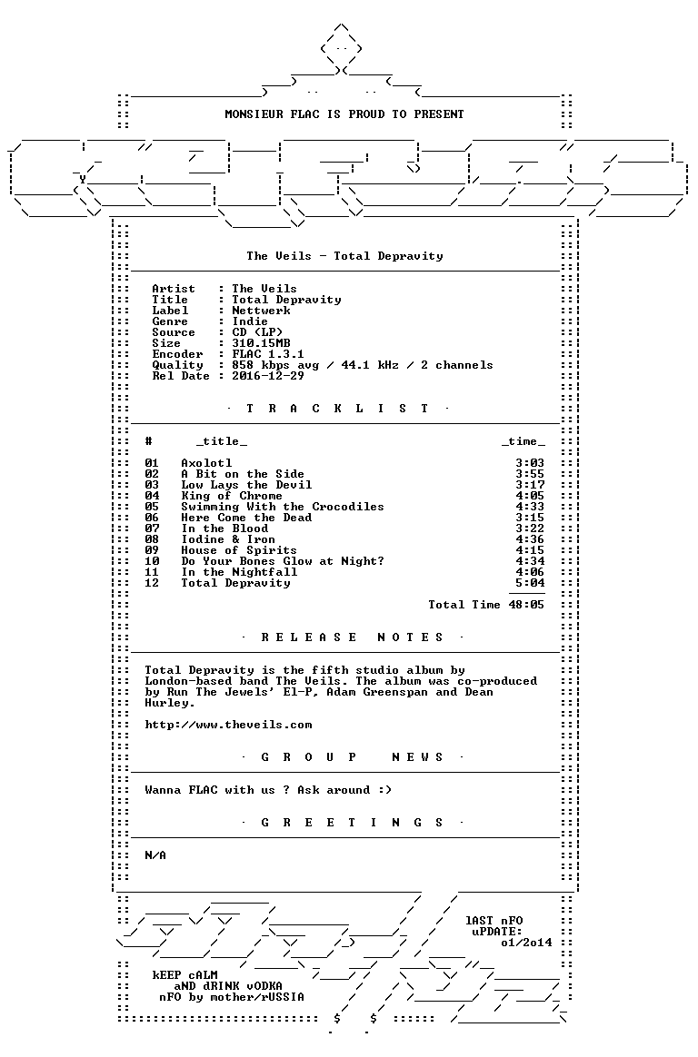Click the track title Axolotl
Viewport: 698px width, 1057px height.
click(x=206, y=463)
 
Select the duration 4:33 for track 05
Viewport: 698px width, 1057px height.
click(x=529, y=507)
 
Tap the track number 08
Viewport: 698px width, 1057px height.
click(x=152, y=539)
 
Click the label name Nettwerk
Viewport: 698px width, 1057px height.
click(x=261, y=311)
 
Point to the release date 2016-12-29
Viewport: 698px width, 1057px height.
click(x=268, y=376)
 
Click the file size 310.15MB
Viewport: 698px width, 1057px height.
click(x=261, y=343)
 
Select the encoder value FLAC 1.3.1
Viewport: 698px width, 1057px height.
click(x=268, y=354)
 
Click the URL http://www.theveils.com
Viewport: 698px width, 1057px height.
click(x=229, y=726)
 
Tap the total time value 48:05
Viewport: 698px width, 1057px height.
click(x=526, y=605)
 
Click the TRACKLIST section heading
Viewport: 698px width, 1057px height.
click(x=337, y=409)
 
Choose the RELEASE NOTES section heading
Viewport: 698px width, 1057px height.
click(x=352, y=637)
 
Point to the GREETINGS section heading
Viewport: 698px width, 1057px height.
click(x=352, y=823)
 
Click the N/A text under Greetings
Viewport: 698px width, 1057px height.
click(x=155, y=855)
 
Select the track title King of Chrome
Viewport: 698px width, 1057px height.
click(x=232, y=496)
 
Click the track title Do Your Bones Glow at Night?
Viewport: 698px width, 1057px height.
click(x=283, y=561)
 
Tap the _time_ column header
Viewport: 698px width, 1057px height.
click(x=523, y=441)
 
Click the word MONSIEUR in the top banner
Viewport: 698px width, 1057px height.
click(x=254, y=114)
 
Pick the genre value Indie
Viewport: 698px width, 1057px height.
click(x=250, y=321)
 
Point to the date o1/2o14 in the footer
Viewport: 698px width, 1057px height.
click(x=526, y=943)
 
